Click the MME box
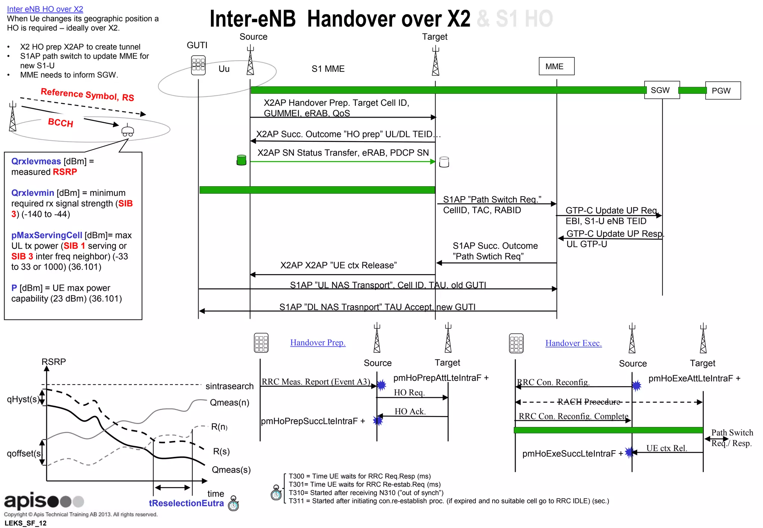pyautogui.click(x=556, y=66)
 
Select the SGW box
pyautogui.click(x=662, y=90)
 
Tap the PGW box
pyautogui.click(x=722, y=90)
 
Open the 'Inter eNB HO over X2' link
pyautogui.click(x=45, y=9)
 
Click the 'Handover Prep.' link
pyautogui.click(x=318, y=343)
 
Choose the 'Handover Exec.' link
pyautogui.click(x=573, y=343)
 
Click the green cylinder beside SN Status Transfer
pyautogui.click(x=241, y=160)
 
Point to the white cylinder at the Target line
pyautogui.click(x=444, y=162)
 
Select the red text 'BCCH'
pyautogui.click(x=61, y=123)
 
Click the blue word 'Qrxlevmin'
pyautogui.click(x=33, y=193)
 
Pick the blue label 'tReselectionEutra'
pyautogui.click(x=186, y=503)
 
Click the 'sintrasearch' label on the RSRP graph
pyautogui.click(x=229, y=386)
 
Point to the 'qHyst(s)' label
pyautogui.click(x=22, y=399)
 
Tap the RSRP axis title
pyautogui.click(x=54, y=362)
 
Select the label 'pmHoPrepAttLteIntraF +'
pyautogui.click(x=441, y=378)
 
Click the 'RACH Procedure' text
pyautogui.click(x=589, y=402)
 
